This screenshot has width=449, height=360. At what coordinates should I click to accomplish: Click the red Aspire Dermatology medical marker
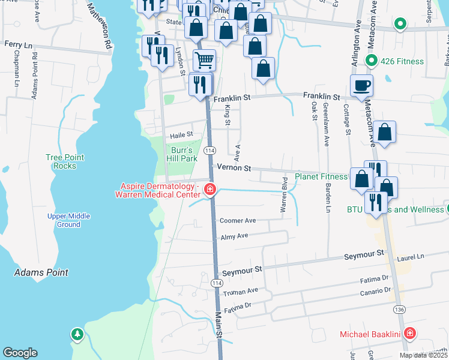coord(210,190)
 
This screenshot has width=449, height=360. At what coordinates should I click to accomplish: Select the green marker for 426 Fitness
coord(372,61)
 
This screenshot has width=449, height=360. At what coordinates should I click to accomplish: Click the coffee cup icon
coord(361,85)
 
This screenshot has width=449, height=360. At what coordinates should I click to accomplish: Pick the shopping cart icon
coord(204,60)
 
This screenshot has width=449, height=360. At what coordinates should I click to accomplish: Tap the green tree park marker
coord(77,334)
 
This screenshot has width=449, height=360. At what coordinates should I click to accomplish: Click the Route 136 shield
coord(399,308)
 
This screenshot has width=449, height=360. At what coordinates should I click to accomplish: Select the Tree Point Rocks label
coord(65,161)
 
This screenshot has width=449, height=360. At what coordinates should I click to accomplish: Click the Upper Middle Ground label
coord(68,220)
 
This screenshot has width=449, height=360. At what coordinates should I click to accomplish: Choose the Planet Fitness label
coord(321,176)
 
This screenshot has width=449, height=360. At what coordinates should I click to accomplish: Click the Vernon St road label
coord(234,169)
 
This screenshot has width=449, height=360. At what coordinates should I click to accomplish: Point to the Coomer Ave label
coord(238,221)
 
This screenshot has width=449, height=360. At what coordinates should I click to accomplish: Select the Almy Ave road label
coord(234,236)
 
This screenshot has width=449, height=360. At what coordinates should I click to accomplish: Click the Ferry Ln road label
coord(17,44)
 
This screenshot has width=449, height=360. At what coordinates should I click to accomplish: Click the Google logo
coord(20,352)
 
